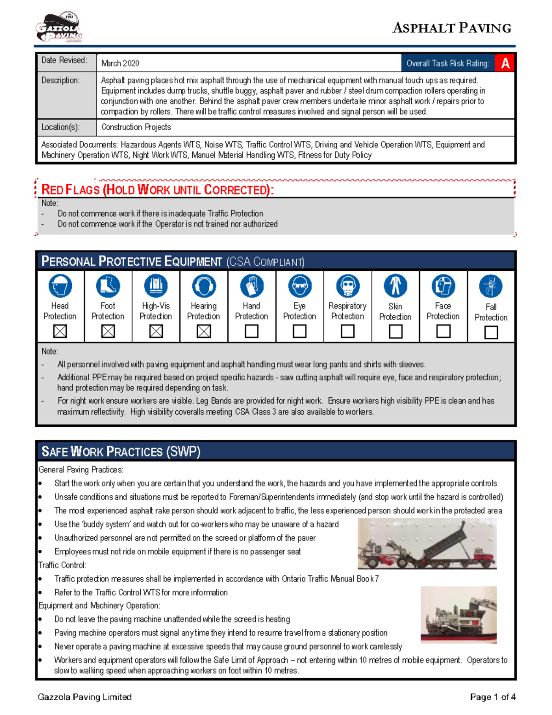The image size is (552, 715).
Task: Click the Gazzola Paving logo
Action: (x=59, y=28)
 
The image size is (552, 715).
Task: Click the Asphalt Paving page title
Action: (x=451, y=28)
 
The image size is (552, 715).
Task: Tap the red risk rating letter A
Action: (x=505, y=64)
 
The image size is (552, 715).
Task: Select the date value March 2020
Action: (x=120, y=64)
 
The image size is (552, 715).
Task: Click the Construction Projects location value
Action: (x=136, y=127)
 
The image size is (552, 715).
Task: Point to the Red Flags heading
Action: (x=157, y=190)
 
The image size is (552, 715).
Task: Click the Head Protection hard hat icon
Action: (x=60, y=286)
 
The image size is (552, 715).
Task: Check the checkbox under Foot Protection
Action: (x=108, y=331)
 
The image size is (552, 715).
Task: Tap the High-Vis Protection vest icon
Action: (x=156, y=286)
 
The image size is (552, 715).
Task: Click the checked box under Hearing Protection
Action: (x=204, y=331)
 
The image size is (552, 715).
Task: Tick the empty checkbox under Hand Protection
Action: (x=252, y=331)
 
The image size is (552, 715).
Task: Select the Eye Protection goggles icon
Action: (x=299, y=286)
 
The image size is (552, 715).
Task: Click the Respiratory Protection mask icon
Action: (x=347, y=286)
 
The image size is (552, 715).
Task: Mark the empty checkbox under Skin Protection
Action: (x=396, y=331)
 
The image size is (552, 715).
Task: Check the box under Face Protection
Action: (x=443, y=331)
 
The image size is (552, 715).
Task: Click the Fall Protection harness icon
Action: (x=491, y=286)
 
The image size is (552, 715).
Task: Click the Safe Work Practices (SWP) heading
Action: (x=121, y=451)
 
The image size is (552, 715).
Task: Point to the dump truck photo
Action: (x=427, y=544)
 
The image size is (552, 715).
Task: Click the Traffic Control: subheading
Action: (x=62, y=565)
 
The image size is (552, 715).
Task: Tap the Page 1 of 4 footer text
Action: (x=492, y=697)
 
